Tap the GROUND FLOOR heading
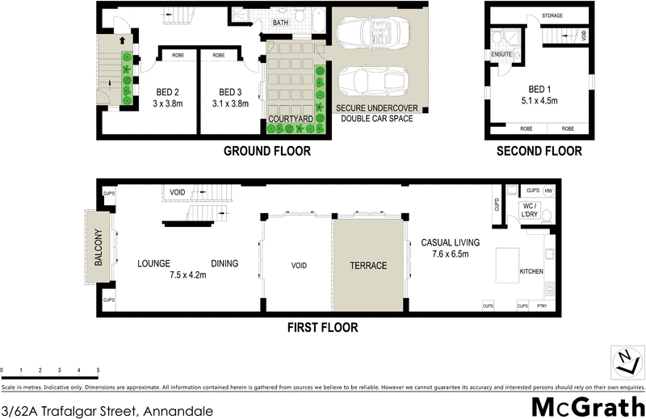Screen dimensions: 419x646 266,151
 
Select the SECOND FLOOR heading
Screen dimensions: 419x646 539,151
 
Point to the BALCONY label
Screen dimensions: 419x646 99,248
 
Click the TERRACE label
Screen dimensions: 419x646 367,266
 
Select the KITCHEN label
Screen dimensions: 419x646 531,271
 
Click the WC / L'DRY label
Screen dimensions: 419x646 530,212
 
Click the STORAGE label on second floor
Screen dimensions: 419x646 552,16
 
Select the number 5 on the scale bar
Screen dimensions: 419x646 99,370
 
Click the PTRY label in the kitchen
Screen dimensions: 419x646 541,306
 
